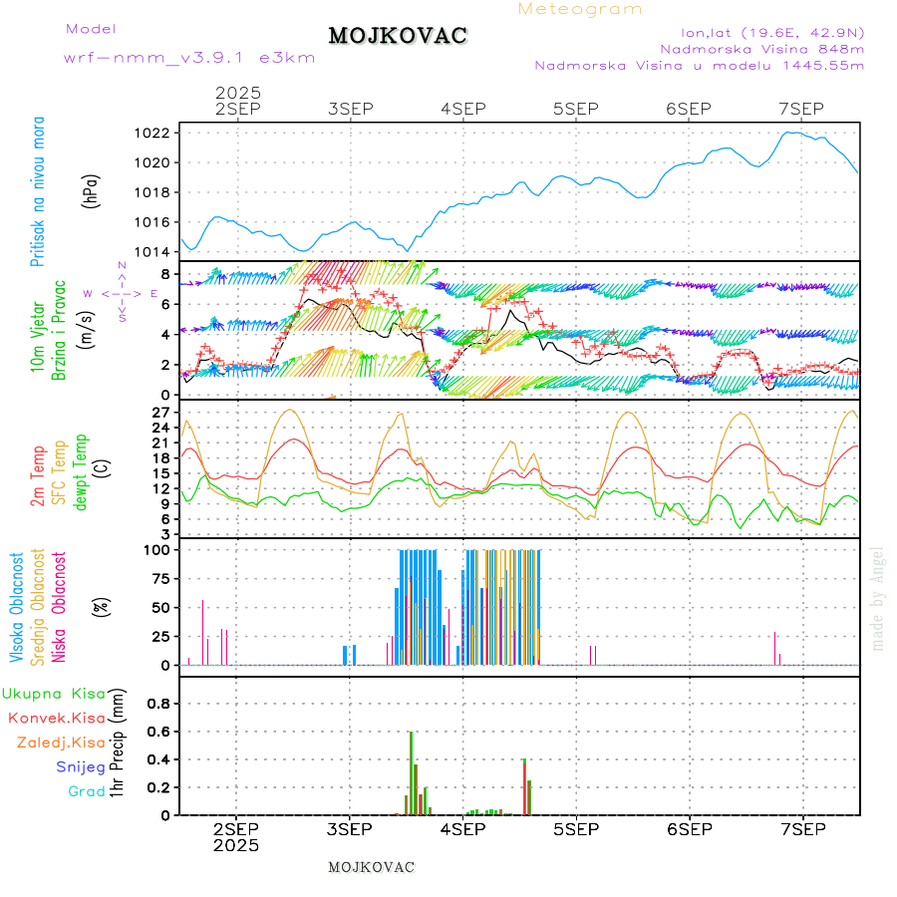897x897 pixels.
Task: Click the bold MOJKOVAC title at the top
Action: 398,36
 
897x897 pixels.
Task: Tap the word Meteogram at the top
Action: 580,9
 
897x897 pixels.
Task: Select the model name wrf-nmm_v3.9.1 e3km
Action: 189,58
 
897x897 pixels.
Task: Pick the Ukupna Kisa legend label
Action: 54,693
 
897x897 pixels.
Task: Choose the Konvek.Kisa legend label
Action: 57,718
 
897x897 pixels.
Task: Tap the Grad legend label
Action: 87,791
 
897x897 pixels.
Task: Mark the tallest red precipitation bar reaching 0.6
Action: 411,772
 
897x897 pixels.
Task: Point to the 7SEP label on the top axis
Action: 801,109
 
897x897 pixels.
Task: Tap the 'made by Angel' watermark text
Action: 878,598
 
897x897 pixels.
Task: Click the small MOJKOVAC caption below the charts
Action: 371,867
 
